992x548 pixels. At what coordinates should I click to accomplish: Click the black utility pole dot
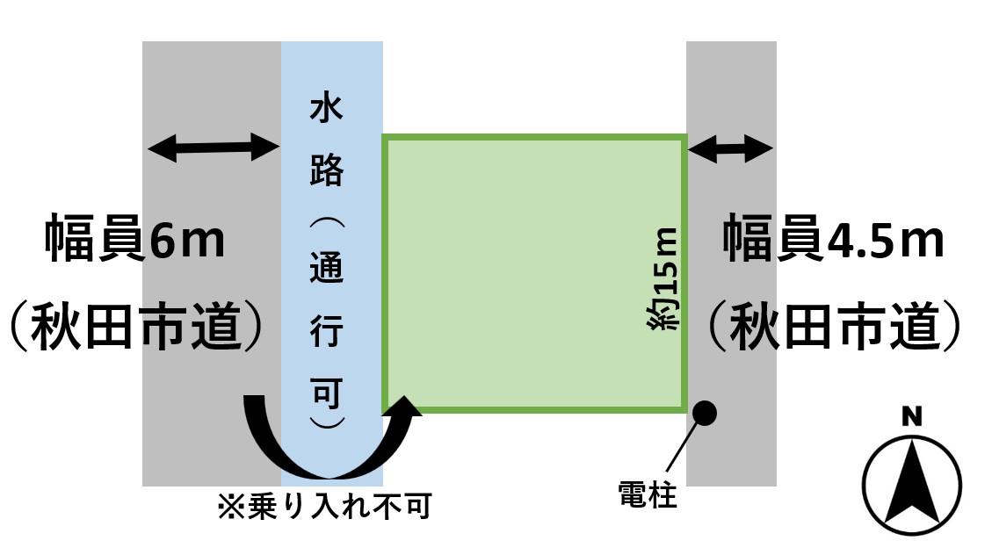(705, 411)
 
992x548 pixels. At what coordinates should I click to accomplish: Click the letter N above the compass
(911, 417)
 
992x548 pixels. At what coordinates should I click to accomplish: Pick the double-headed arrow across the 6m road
(213, 148)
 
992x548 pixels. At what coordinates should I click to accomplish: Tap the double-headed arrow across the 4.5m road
(730, 148)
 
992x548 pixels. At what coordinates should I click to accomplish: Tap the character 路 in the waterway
(327, 170)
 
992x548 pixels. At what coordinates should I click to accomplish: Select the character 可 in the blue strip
(327, 393)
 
